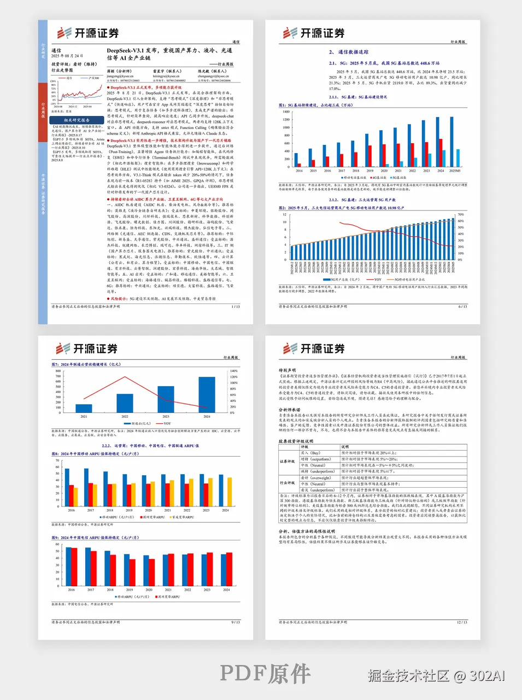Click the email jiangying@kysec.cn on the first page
120,77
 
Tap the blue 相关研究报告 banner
77,120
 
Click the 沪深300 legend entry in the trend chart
93,78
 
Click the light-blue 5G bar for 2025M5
458,157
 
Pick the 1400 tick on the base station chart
286,112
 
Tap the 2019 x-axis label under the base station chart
370,171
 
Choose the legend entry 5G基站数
398,178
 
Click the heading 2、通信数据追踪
349,52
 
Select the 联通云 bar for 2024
207,394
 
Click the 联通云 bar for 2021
84,408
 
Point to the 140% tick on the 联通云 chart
233,371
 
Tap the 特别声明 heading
287,370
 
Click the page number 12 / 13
461,622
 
